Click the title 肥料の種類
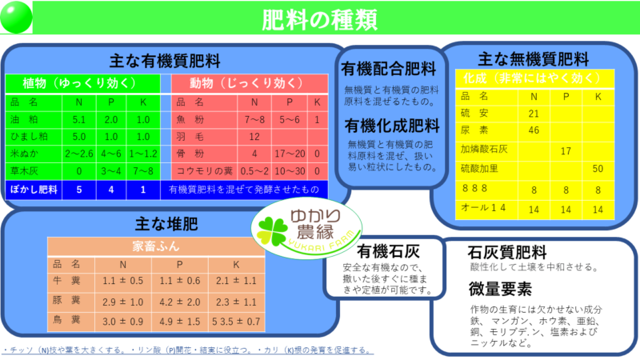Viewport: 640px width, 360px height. click(319, 19)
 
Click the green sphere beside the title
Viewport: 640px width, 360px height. click(16, 17)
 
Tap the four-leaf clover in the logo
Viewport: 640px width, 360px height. click(271, 230)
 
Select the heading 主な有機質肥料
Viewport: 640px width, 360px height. click(165, 62)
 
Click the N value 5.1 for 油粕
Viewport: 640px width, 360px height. click(78, 119)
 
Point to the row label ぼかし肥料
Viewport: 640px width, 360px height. click(34, 190)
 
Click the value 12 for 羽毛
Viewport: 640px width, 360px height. click(254, 137)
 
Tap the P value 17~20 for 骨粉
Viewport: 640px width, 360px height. click(290, 154)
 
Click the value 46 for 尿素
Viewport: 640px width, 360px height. click(534, 130)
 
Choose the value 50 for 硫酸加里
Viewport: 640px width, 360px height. click(598, 169)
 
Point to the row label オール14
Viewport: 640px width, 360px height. click(483, 208)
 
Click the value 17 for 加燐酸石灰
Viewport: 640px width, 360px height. click(566, 151)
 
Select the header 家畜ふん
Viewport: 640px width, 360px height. click(156, 246)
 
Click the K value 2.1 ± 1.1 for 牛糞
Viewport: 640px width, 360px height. click(236, 281)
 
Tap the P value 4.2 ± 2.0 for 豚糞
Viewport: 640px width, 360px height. click(179, 302)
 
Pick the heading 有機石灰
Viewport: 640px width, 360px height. click(388, 251)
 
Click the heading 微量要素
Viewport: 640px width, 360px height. click(500, 289)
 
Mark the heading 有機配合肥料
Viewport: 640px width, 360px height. click(389, 69)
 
